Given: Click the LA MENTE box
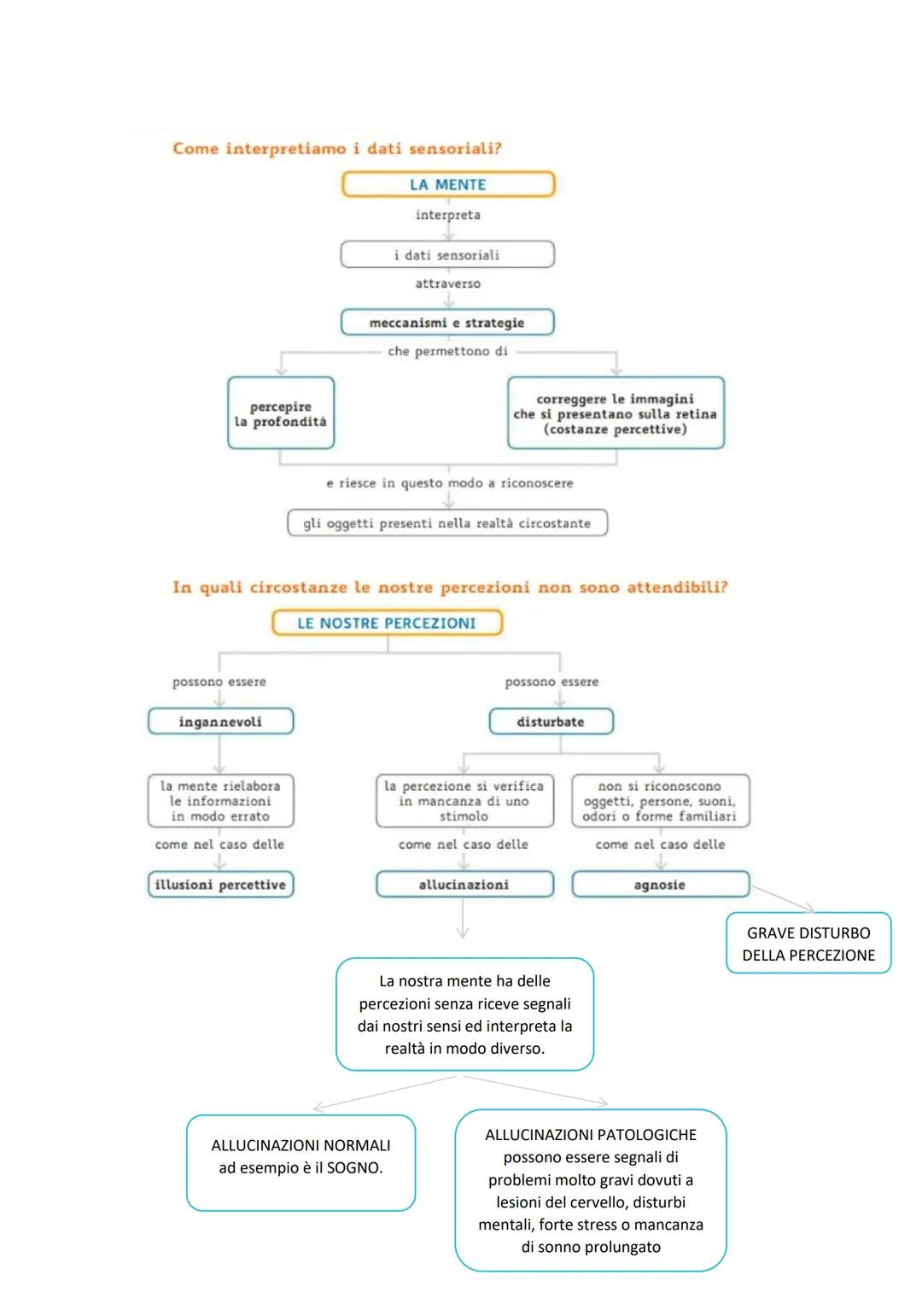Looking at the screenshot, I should (x=448, y=184).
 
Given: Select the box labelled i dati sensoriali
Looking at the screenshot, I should (x=447, y=254).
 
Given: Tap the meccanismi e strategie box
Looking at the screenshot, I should (x=447, y=323).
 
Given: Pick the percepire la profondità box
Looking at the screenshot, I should (x=281, y=413).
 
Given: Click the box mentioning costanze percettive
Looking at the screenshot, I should (x=616, y=413).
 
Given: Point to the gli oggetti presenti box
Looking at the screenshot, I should (x=447, y=523).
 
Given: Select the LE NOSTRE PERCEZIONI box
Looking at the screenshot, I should (x=387, y=623).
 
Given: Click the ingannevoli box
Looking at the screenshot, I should (x=220, y=722).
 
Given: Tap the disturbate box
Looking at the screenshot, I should (x=551, y=722).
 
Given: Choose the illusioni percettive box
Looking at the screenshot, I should (x=220, y=885).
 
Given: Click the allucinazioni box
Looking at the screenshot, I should (x=464, y=885).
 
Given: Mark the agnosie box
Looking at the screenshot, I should (x=660, y=885).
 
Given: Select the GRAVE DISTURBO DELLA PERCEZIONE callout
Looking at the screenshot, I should (x=808, y=944).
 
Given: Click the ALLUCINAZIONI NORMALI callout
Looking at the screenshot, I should (x=301, y=1161).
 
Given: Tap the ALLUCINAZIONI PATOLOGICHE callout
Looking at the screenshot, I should (x=591, y=1190).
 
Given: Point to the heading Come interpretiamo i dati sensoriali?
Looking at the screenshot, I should (x=337, y=149).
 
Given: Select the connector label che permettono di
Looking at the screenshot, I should (x=447, y=351).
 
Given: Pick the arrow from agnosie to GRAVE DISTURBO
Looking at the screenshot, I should (x=781, y=898).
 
